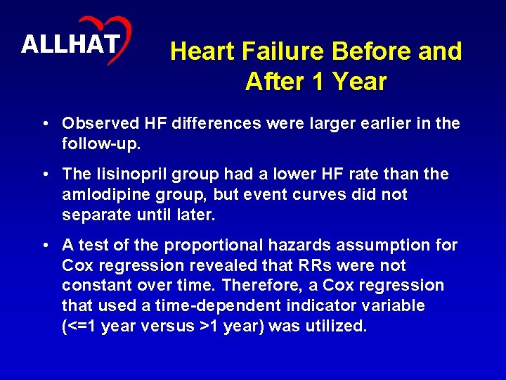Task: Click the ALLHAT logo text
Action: pyautogui.click(x=70, y=44)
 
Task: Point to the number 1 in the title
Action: pyautogui.click(x=320, y=82)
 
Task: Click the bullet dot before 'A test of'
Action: pyautogui.click(x=45, y=246)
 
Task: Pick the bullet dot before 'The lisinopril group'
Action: pyautogui.click(x=45, y=174)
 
